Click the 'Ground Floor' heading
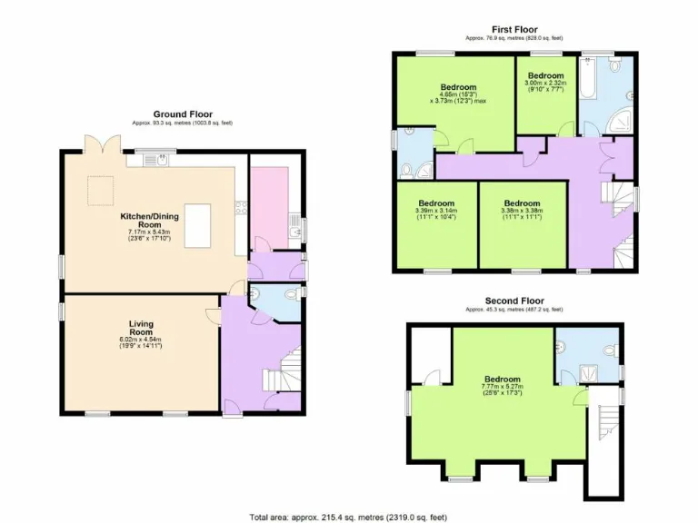[183, 114]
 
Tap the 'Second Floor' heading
[514, 301]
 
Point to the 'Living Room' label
[140, 328]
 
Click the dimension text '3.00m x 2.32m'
[546, 83]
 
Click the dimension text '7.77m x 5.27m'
[502, 386]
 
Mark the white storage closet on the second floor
[431, 354]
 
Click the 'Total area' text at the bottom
[348, 517]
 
